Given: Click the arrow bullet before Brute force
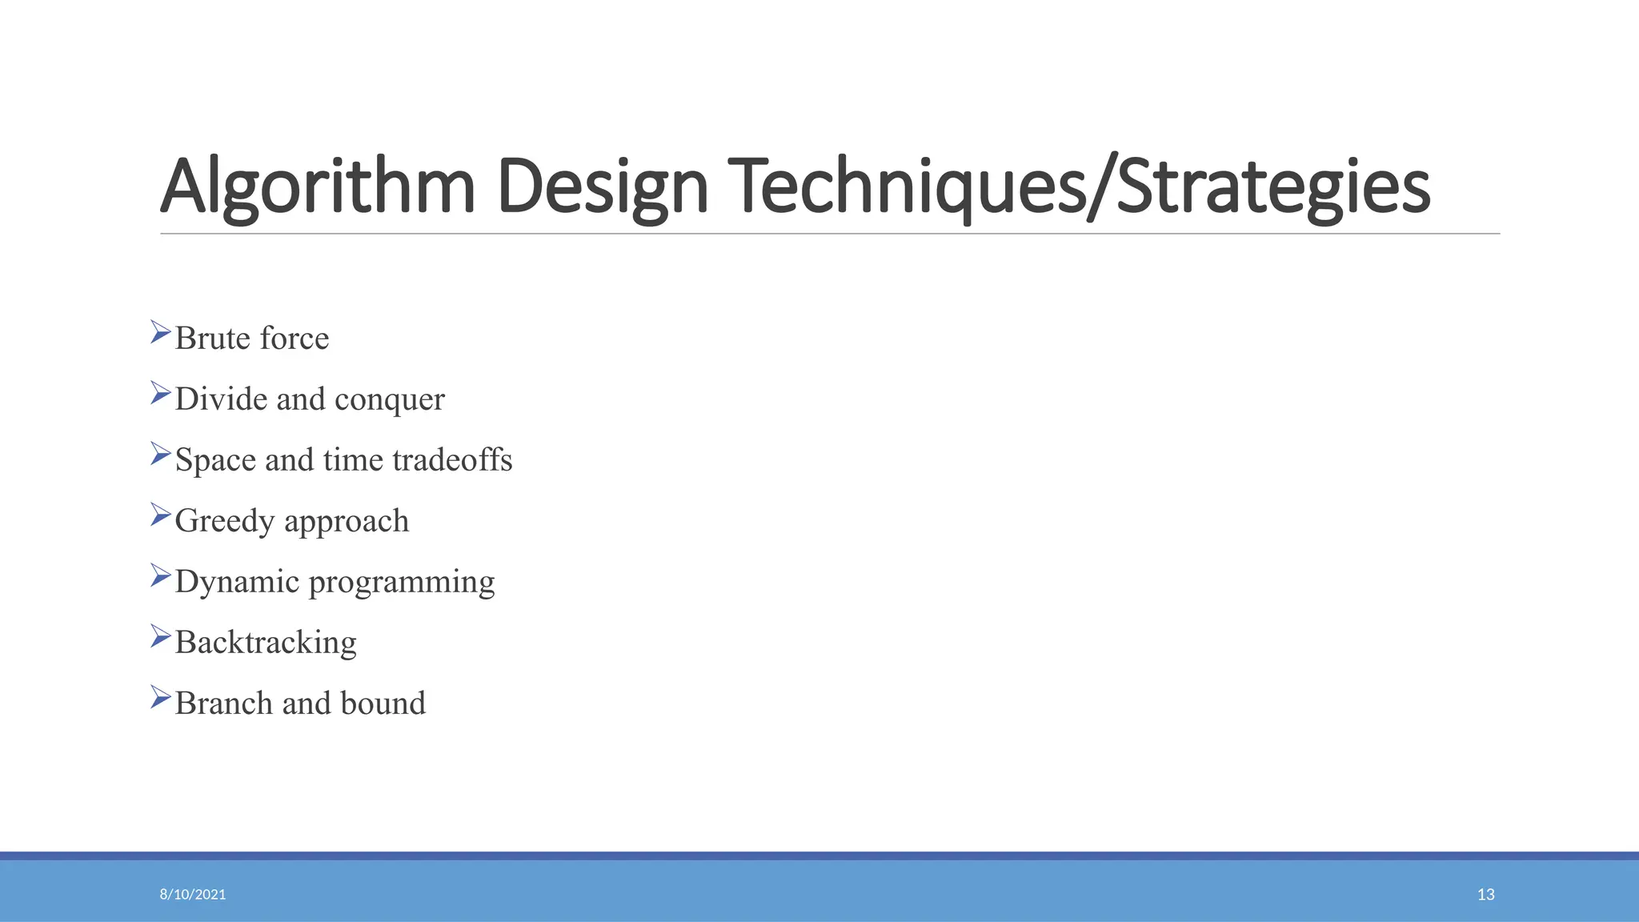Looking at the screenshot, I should [x=160, y=332].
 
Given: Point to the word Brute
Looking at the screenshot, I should [x=213, y=338].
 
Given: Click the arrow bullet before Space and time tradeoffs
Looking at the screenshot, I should [x=160, y=454].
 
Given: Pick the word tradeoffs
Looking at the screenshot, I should [x=452, y=459].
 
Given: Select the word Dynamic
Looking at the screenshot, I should [x=237, y=582].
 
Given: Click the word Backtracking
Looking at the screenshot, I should [x=266, y=643].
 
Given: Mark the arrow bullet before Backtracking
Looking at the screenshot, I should [x=160, y=636].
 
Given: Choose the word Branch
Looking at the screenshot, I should [x=223, y=703].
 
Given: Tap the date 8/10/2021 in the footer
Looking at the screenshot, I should [x=193, y=894].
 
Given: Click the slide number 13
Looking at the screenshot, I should [x=1485, y=894].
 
